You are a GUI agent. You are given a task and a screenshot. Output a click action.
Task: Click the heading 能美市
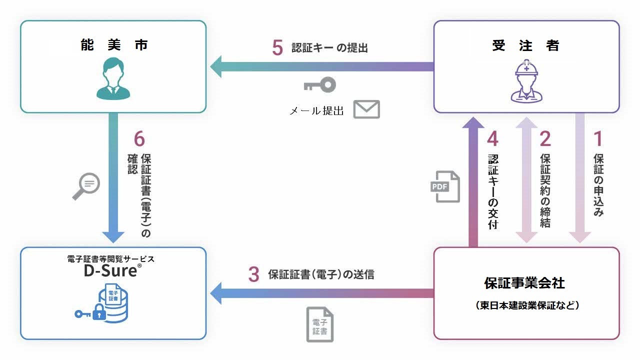[x=113, y=45]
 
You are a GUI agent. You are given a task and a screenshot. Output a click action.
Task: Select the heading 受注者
[x=526, y=45]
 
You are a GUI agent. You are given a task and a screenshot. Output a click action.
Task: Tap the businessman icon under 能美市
[x=113, y=79]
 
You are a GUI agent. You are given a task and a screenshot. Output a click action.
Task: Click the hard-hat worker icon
[x=526, y=81]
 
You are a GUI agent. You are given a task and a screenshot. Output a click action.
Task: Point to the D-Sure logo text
[x=111, y=271]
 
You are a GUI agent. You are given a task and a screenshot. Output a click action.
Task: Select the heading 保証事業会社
[x=524, y=283]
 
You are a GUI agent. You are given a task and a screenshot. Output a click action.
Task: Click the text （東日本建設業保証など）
[x=526, y=305]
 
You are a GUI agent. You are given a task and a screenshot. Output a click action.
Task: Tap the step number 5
[x=278, y=48]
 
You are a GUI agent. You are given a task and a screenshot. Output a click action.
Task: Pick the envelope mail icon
[x=366, y=109]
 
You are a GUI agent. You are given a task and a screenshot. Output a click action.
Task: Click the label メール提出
[x=317, y=111]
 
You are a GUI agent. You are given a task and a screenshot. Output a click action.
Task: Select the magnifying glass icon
[x=86, y=186]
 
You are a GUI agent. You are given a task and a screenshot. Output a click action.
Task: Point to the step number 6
[x=139, y=139]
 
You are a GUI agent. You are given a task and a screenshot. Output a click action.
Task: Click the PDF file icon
[x=446, y=186]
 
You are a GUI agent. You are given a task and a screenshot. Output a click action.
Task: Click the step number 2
[x=545, y=139]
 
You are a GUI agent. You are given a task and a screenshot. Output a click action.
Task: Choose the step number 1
[x=598, y=139]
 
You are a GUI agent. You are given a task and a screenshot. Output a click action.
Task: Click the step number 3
[x=254, y=274]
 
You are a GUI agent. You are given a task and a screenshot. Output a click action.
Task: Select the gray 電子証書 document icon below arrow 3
[x=320, y=324]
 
